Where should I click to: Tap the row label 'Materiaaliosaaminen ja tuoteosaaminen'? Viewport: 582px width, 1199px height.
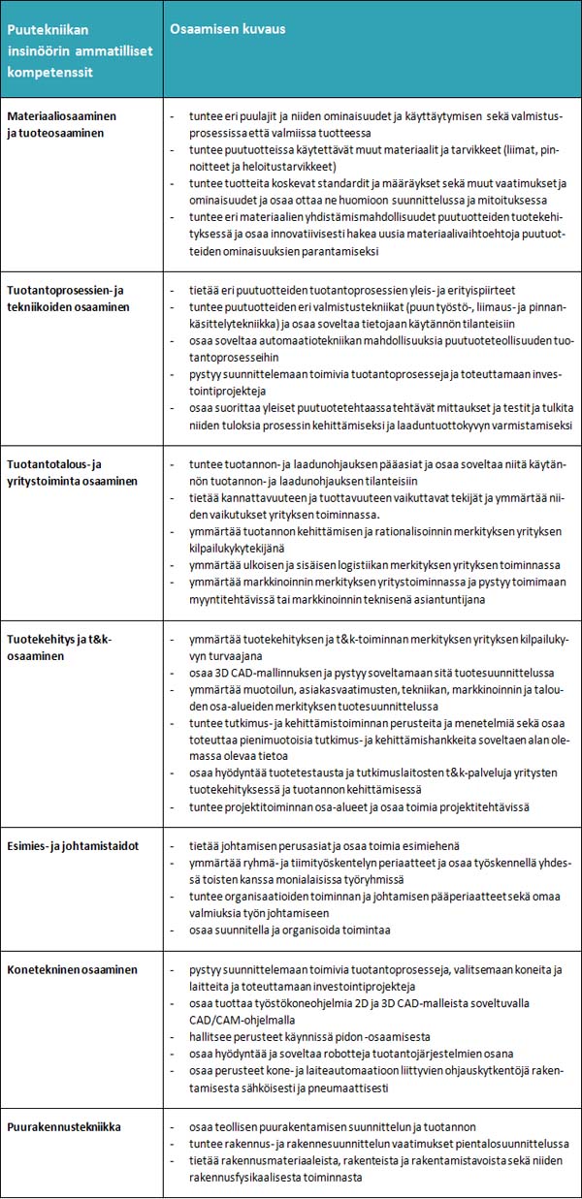pyautogui.click(x=61, y=124)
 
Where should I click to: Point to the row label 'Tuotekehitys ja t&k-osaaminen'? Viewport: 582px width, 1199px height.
pyautogui.click(x=60, y=647)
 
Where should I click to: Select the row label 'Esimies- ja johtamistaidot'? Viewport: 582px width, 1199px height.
pyautogui.click(x=73, y=846)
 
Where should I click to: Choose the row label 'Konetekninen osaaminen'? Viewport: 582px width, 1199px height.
pyautogui.click(x=72, y=969)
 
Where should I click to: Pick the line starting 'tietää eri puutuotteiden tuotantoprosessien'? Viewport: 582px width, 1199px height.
pyautogui.click(x=351, y=291)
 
